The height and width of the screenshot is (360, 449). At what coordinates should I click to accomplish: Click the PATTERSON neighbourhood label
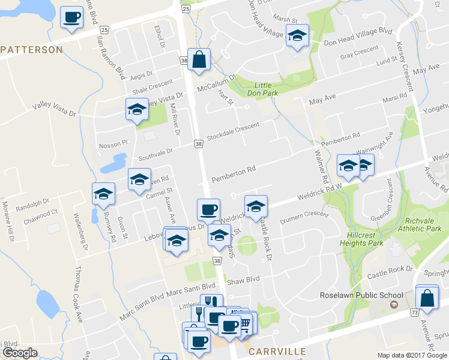pyautogui.click(x=31, y=50)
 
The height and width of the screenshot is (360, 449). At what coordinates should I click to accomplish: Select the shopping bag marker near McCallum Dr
pyautogui.click(x=200, y=59)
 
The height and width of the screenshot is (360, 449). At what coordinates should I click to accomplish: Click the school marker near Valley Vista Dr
pyautogui.click(x=137, y=110)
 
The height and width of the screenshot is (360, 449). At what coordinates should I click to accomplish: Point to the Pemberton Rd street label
pyautogui.click(x=234, y=173)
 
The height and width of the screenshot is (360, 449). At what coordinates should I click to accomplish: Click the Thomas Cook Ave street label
pyautogui.click(x=78, y=295)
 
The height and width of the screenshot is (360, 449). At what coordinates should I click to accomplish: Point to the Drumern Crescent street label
pyautogui.click(x=304, y=215)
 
